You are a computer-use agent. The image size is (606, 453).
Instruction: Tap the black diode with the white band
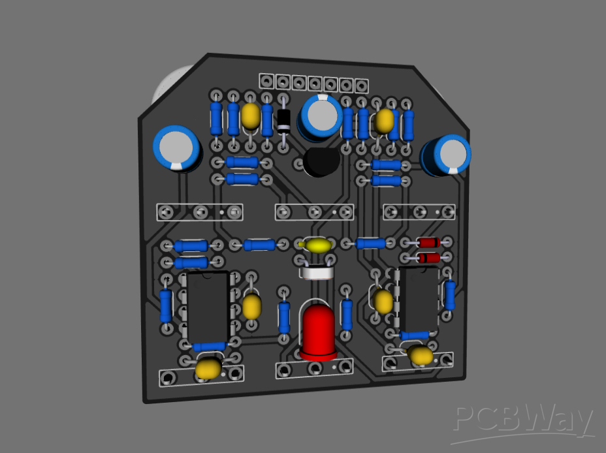283,119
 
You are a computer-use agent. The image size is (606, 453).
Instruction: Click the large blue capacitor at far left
176,148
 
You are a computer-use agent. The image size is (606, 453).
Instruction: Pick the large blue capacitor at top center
321,116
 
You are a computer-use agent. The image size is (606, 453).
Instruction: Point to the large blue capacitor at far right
447,155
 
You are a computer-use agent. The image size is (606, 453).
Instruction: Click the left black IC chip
208,307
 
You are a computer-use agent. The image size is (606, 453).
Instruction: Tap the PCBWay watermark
523,421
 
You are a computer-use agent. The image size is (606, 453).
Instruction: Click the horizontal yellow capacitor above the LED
318,245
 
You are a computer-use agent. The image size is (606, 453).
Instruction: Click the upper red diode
428,243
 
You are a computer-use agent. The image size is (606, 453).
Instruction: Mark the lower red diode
428,258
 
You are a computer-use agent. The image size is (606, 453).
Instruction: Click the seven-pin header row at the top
313,83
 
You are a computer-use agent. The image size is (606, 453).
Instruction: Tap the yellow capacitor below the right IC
420,355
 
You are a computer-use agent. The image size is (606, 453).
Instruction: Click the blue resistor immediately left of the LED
284,317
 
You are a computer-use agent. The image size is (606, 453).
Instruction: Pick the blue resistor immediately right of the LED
347,314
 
